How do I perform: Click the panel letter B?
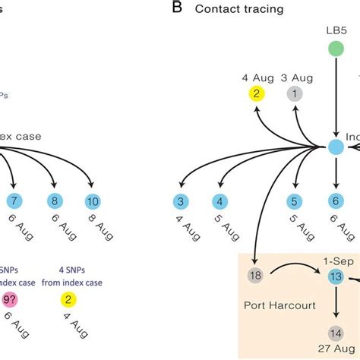(x=177, y=8)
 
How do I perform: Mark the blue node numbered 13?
(x=335, y=277)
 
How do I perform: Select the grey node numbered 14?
(x=335, y=333)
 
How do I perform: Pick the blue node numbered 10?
(x=93, y=201)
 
